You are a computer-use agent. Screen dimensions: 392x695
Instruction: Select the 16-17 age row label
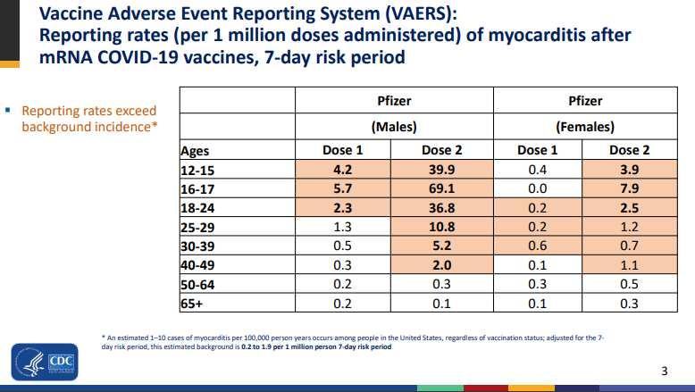pyautogui.click(x=198, y=188)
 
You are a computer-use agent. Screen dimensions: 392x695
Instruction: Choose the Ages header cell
pyautogui.click(x=195, y=151)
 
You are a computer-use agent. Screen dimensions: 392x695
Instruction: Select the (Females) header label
pyautogui.click(x=584, y=127)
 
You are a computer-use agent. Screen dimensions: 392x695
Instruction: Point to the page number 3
pyautogui.click(x=663, y=371)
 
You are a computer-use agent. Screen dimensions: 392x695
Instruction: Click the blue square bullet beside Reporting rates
pyautogui.click(x=7, y=111)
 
